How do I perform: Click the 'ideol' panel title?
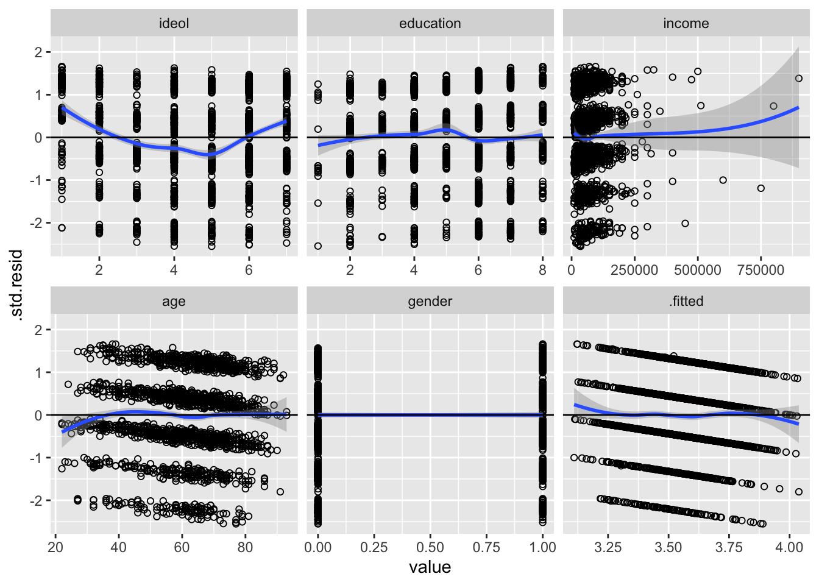(x=174, y=24)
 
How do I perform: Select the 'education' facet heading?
(x=430, y=24)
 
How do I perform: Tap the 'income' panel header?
(x=686, y=24)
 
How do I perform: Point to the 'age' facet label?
(x=174, y=302)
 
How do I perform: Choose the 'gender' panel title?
(x=430, y=302)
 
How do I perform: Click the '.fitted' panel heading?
(x=686, y=302)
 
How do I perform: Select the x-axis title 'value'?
(x=430, y=567)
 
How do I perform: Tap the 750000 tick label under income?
(x=760, y=270)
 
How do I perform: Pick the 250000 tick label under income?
(x=634, y=270)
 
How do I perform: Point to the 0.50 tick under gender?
(x=430, y=547)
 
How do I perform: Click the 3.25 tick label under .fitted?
(x=608, y=547)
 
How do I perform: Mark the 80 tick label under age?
(x=245, y=547)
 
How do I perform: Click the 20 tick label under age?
(x=55, y=547)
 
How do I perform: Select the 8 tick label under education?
(x=542, y=270)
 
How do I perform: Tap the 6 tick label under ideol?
(x=249, y=270)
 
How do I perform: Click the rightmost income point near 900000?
(x=798, y=78)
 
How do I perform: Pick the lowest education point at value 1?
(x=317, y=246)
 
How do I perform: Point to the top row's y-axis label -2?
(x=37, y=223)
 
